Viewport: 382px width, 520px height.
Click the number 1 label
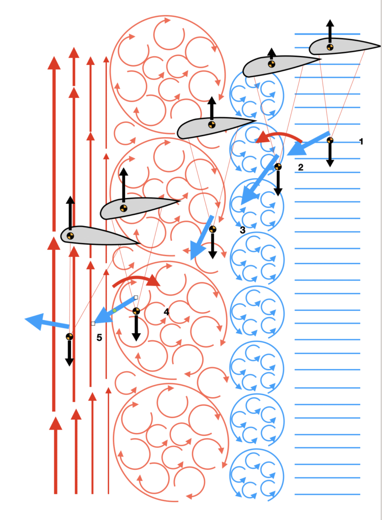pos(361,142)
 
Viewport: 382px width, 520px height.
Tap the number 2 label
pos(301,167)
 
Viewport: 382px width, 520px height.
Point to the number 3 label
pos(242,230)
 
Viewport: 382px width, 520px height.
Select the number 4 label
pos(167,312)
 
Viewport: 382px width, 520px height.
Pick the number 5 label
pos(99,338)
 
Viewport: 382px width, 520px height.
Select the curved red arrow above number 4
pos(136,279)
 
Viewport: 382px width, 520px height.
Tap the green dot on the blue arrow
pos(114,310)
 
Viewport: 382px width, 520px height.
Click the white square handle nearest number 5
pos(93,323)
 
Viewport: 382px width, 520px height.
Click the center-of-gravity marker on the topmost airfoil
pos(330,47)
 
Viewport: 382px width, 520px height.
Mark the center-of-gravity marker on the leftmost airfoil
pos(70,236)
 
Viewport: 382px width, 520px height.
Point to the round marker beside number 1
pos(330,140)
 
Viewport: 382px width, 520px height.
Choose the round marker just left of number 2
pos(278,167)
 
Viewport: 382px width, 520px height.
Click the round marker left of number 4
pos(136,311)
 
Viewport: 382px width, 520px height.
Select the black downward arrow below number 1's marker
pos(330,155)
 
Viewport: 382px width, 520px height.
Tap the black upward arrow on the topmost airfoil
pos(330,31)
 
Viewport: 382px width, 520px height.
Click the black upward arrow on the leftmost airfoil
pos(70,214)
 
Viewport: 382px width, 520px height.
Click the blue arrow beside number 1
pos(308,144)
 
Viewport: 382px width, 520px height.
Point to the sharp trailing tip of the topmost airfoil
pos(380,46)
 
